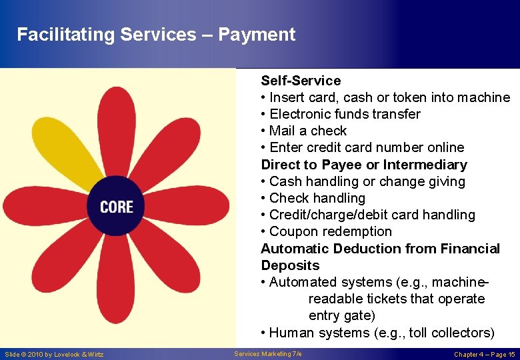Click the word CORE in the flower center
coord(117,207)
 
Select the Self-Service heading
coord(301,81)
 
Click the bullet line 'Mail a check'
coord(307,131)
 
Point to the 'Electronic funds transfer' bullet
coord(344,114)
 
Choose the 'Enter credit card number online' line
coord(366,147)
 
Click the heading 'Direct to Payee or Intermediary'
coord(364,165)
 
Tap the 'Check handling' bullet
coord(317,198)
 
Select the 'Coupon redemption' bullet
coord(330,231)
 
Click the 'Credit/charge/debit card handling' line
coord(372,215)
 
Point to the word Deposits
coord(290,265)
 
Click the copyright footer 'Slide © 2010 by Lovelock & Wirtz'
coord(54,354)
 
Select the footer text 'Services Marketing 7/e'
coord(268,354)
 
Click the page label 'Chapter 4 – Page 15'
coord(485,354)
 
